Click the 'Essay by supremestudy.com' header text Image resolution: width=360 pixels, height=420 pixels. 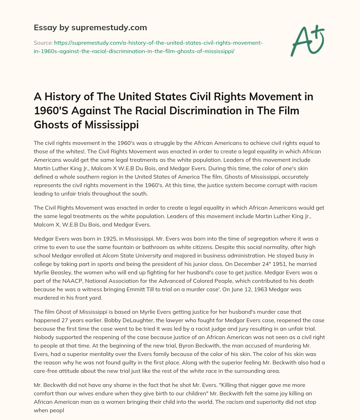(x=90, y=27)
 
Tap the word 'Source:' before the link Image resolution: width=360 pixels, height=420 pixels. (x=43, y=43)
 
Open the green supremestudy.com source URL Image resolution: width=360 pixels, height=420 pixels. (x=148, y=47)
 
